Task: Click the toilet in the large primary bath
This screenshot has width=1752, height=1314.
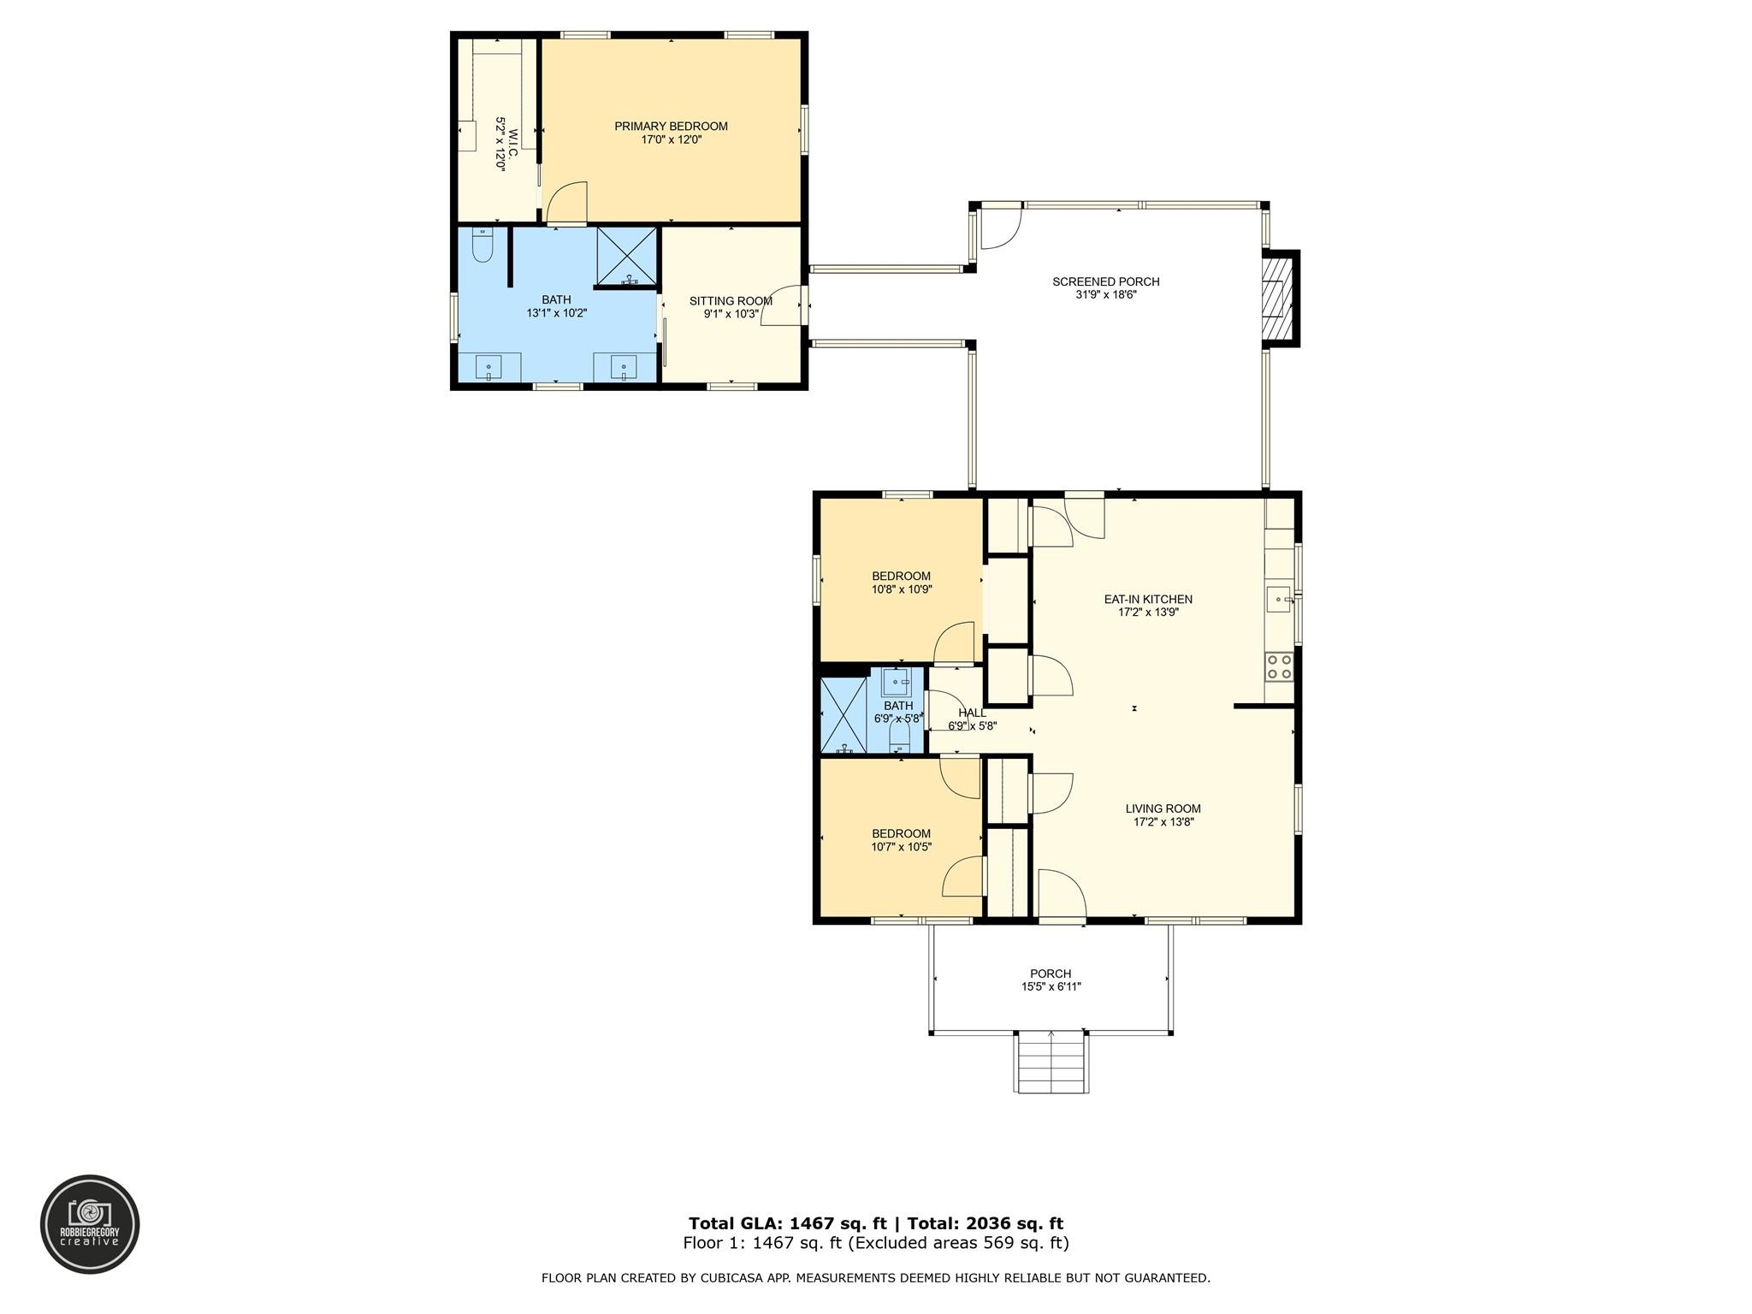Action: [x=482, y=245]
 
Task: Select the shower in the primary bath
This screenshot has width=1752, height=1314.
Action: [x=627, y=256]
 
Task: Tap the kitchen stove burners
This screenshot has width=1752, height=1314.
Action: [x=1279, y=666]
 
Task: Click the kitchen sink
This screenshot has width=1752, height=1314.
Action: [x=1279, y=600]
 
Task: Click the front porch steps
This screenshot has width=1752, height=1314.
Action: [x=1052, y=1062]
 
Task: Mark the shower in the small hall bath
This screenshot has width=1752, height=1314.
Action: [x=843, y=715]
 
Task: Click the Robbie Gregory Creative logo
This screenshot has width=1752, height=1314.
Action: [x=90, y=1224]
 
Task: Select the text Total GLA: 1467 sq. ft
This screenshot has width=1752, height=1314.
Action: [x=788, y=1223]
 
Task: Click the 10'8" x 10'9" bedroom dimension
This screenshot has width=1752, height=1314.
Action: [x=901, y=589]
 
